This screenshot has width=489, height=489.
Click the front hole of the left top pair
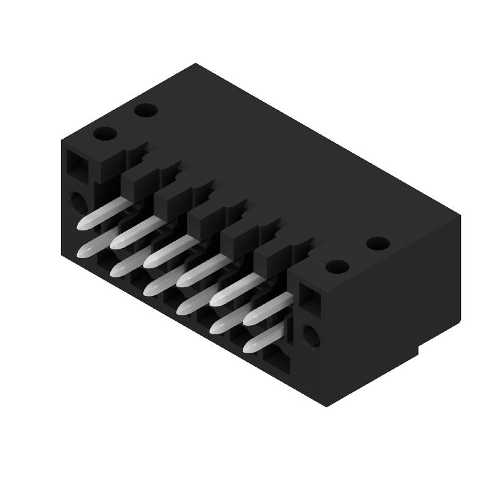pyautogui.click(x=105, y=133)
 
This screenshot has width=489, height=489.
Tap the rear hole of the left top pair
pyautogui.click(x=145, y=111)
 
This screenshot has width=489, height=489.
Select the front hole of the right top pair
pyautogui.click(x=337, y=267)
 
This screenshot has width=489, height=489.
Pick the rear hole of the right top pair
pyautogui.click(x=378, y=243)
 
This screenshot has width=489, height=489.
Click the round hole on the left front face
pyautogui.click(x=79, y=200)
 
